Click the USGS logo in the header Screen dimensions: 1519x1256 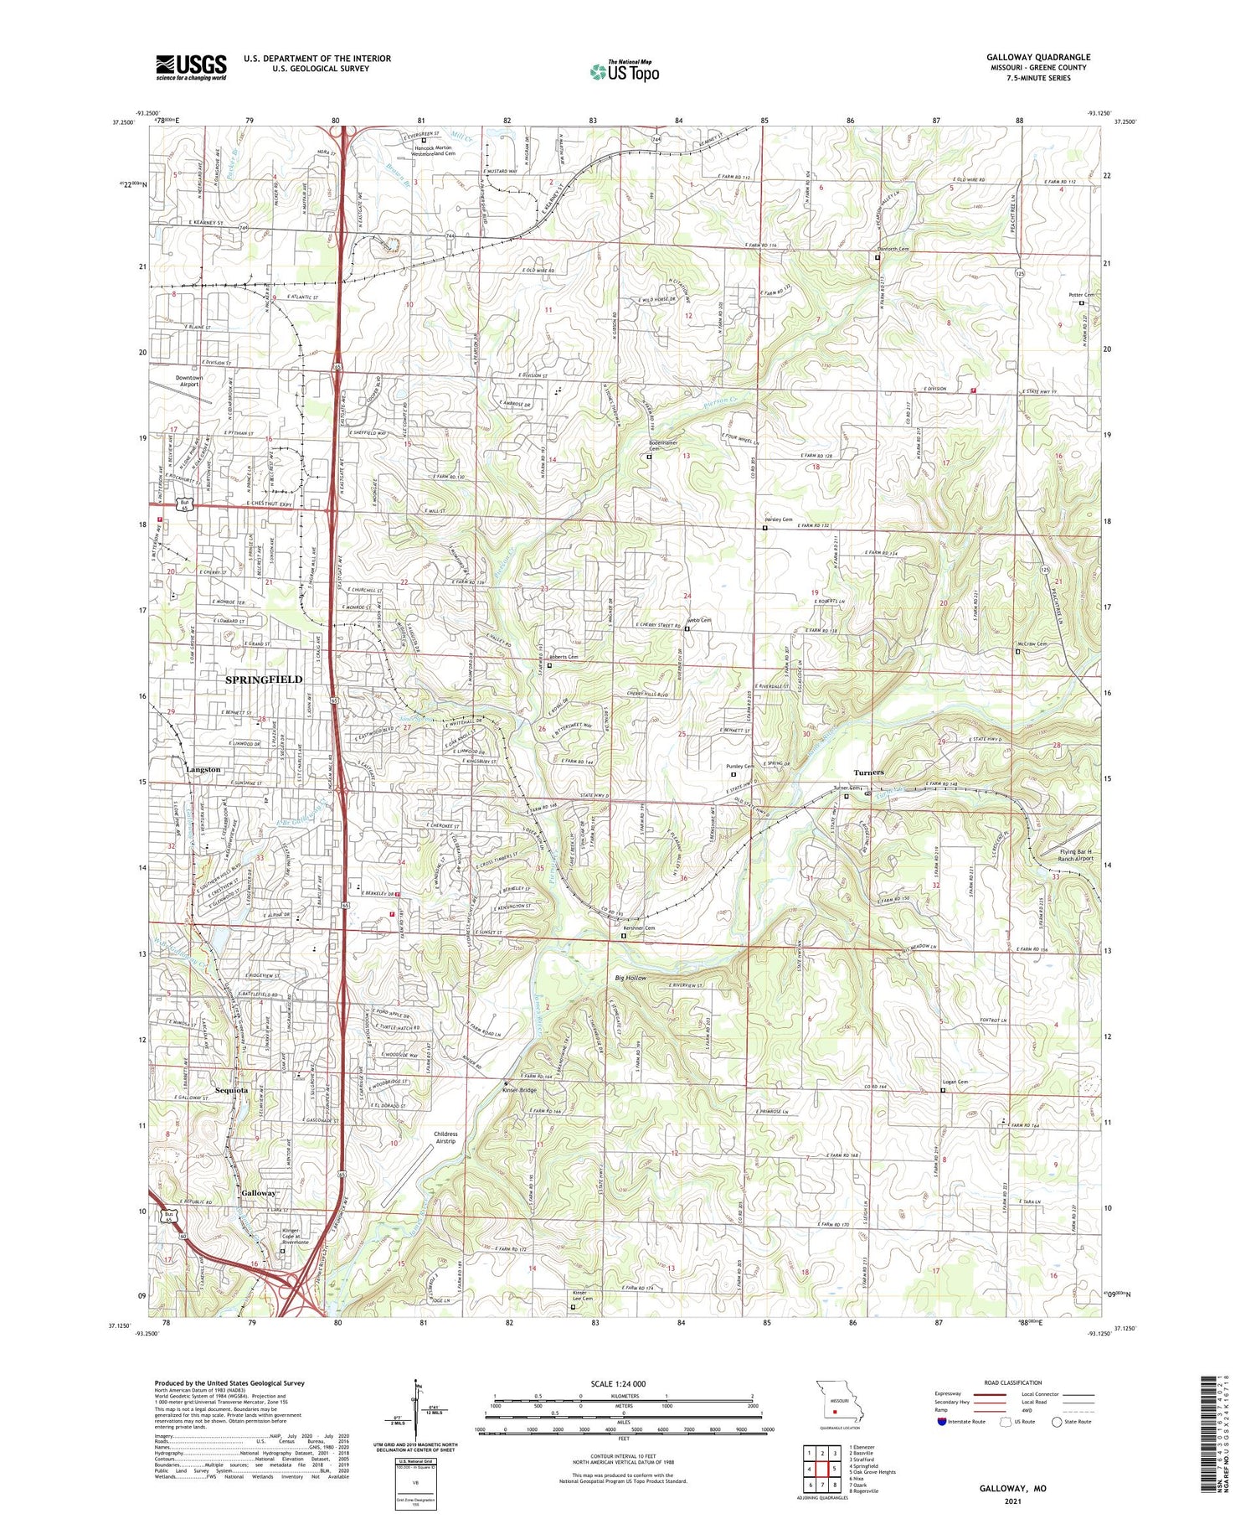[191, 67]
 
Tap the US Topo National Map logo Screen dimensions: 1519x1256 [624, 71]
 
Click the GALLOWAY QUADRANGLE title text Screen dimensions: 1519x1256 [1037, 58]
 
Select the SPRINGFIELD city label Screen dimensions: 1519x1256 [263, 679]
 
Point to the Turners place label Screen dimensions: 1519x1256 [868, 772]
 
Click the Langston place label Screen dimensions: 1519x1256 [203, 769]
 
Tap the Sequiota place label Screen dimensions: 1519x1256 [232, 1090]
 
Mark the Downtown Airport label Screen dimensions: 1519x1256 [189, 381]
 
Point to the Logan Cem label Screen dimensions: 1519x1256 [955, 1082]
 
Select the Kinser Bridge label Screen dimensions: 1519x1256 [518, 1090]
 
